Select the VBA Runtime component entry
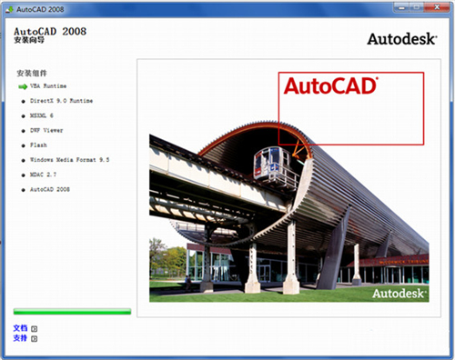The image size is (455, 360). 50,86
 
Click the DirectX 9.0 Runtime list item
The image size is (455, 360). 61,100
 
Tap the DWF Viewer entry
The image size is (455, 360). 46,130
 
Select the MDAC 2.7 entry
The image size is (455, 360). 44,174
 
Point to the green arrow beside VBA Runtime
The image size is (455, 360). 23,86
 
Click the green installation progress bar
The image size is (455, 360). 72,312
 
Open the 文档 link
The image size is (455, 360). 21,327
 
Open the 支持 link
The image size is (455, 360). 21,337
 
